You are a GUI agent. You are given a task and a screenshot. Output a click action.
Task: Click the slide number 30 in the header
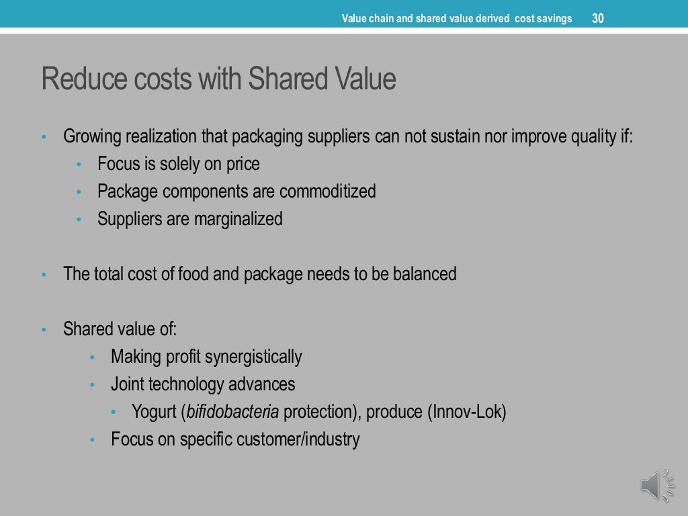click(597, 18)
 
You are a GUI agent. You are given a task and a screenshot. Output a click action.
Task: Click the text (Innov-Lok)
click(466, 412)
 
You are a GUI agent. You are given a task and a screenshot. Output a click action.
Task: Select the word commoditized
click(327, 191)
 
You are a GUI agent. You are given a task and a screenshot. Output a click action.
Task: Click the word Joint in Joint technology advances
click(127, 384)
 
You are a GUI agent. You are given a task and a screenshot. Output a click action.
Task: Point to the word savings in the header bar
click(554, 18)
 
